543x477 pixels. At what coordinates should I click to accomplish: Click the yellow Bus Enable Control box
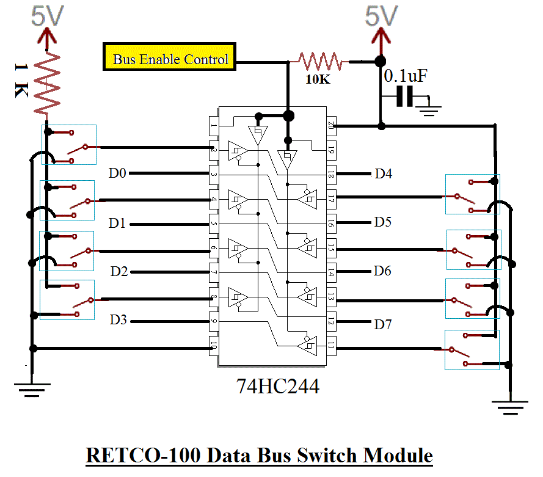tap(169, 59)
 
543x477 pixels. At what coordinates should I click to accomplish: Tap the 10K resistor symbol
tap(318, 61)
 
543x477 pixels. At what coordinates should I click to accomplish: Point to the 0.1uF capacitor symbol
tap(404, 96)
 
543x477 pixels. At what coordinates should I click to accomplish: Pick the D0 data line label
tap(117, 173)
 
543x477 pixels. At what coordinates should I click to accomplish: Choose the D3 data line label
tap(118, 319)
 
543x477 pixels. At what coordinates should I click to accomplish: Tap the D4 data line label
tap(383, 174)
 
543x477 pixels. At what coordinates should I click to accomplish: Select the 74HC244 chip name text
tap(278, 386)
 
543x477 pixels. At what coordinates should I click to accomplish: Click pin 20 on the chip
tap(332, 126)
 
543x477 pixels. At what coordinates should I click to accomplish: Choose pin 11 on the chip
tap(332, 347)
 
